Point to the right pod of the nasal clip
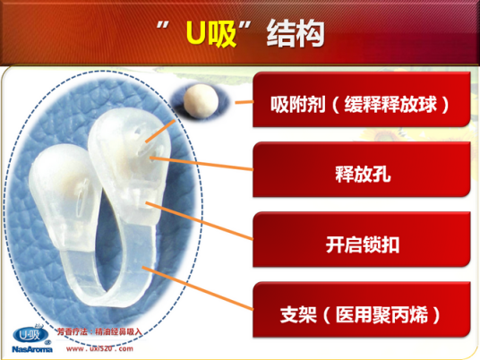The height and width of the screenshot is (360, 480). [x=125, y=152]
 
